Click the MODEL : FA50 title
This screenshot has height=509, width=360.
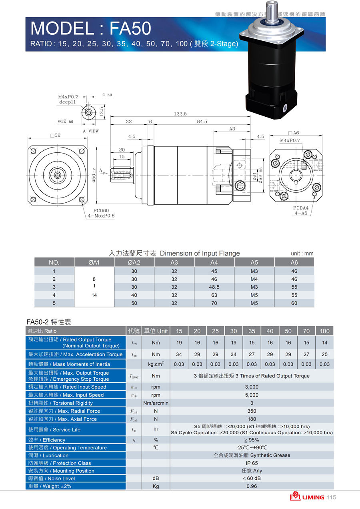(x=91, y=28)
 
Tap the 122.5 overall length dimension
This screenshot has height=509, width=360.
(x=180, y=114)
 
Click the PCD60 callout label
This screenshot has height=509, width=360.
(x=101, y=210)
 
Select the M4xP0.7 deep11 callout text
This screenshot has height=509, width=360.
(x=68, y=99)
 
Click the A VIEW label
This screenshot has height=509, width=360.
(x=91, y=131)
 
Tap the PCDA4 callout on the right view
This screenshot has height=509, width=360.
(x=301, y=208)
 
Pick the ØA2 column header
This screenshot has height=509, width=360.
(x=134, y=263)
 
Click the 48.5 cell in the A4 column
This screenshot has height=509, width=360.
(x=214, y=287)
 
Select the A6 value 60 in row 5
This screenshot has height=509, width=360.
(x=294, y=303)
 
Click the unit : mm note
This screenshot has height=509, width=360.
(x=302, y=254)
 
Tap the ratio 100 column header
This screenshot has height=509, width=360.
(x=324, y=331)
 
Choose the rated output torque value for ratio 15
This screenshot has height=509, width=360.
(x=179, y=343)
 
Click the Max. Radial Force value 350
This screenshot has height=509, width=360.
(x=252, y=411)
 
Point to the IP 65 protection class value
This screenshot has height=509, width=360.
(x=252, y=463)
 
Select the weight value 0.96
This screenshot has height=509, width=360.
(x=252, y=486)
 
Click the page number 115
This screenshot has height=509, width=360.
(x=331, y=497)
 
